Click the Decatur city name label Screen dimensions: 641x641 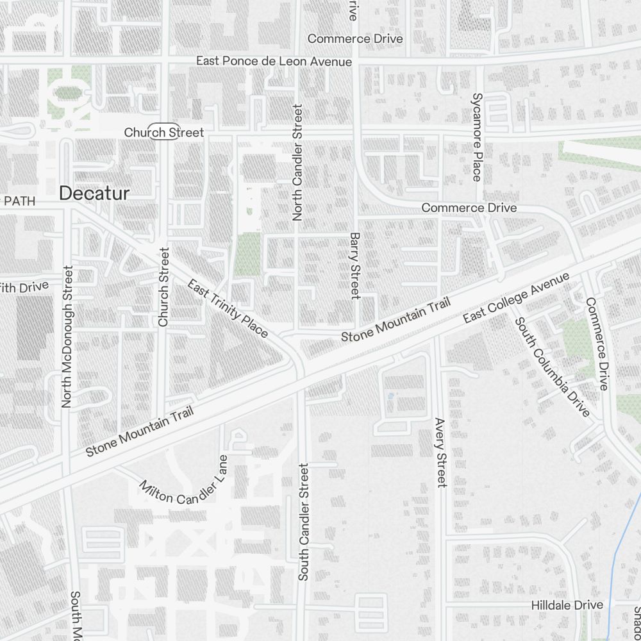click(94, 193)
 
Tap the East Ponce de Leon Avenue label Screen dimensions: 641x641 click(274, 61)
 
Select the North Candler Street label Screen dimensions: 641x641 click(297, 163)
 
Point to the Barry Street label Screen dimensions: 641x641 click(354, 265)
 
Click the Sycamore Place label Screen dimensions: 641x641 click(477, 137)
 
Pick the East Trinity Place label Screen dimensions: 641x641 click(228, 308)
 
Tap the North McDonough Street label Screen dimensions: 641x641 click(67, 337)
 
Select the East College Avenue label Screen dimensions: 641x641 click(516, 298)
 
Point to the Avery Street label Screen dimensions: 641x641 click(440, 453)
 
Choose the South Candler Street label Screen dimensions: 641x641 click(304, 522)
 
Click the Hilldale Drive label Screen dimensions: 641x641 click(567, 605)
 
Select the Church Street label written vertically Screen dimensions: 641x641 click(163, 286)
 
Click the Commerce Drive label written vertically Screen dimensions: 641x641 click(594, 344)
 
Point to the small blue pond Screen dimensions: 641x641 click(390, 396)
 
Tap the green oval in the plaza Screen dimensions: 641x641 click(67, 92)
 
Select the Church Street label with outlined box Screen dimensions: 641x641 click(163, 133)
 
